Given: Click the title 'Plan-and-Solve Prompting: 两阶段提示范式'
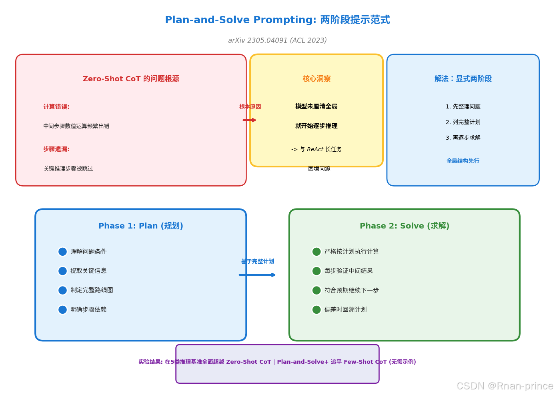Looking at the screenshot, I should pyautogui.click(x=277, y=20).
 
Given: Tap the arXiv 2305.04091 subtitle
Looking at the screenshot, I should pyautogui.click(x=277, y=40).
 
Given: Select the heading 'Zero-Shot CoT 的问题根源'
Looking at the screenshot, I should pyautogui.click(x=131, y=79).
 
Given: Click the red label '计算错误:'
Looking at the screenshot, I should pyautogui.click(x=56, y=107).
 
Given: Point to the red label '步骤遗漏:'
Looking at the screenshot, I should pyautogui.click(x=56, y=149).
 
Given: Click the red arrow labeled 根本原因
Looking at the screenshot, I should pyautogui.click(x=249, y=120).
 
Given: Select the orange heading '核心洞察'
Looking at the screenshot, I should pyautogui.click(x=317, y=79).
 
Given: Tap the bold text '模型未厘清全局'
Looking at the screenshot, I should pyautogui.click(x=316, y=106).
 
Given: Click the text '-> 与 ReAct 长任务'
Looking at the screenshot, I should pyautogui.click(x=316, y=149).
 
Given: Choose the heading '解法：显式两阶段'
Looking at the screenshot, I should pyautogui.click(x=463, y=79).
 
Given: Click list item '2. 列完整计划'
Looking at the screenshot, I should pyautogui.click(x=463, y=122).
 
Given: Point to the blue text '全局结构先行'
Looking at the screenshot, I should pyautogui.click(x=463, y=161).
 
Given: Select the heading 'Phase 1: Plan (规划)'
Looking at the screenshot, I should pyautogui.click(x=141, y=226).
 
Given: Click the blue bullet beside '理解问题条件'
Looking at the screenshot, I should pyautogui.click(x=62, y=252).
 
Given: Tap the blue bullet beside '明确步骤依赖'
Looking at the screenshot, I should pyautogui.click(x=62, y=310).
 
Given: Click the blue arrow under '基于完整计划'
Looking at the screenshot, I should pyautogui.click(x=257, y=275).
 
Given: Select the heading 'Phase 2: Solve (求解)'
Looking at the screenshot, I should pyautogui.click(x=405, y=226).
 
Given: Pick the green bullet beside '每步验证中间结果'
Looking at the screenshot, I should pyautogui.click(x=317, y=271).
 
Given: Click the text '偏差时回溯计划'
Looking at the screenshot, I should pyautogui.click(x=345, y=310).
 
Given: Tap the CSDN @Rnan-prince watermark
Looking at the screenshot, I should pyautogui.click(x=505, y=386).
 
